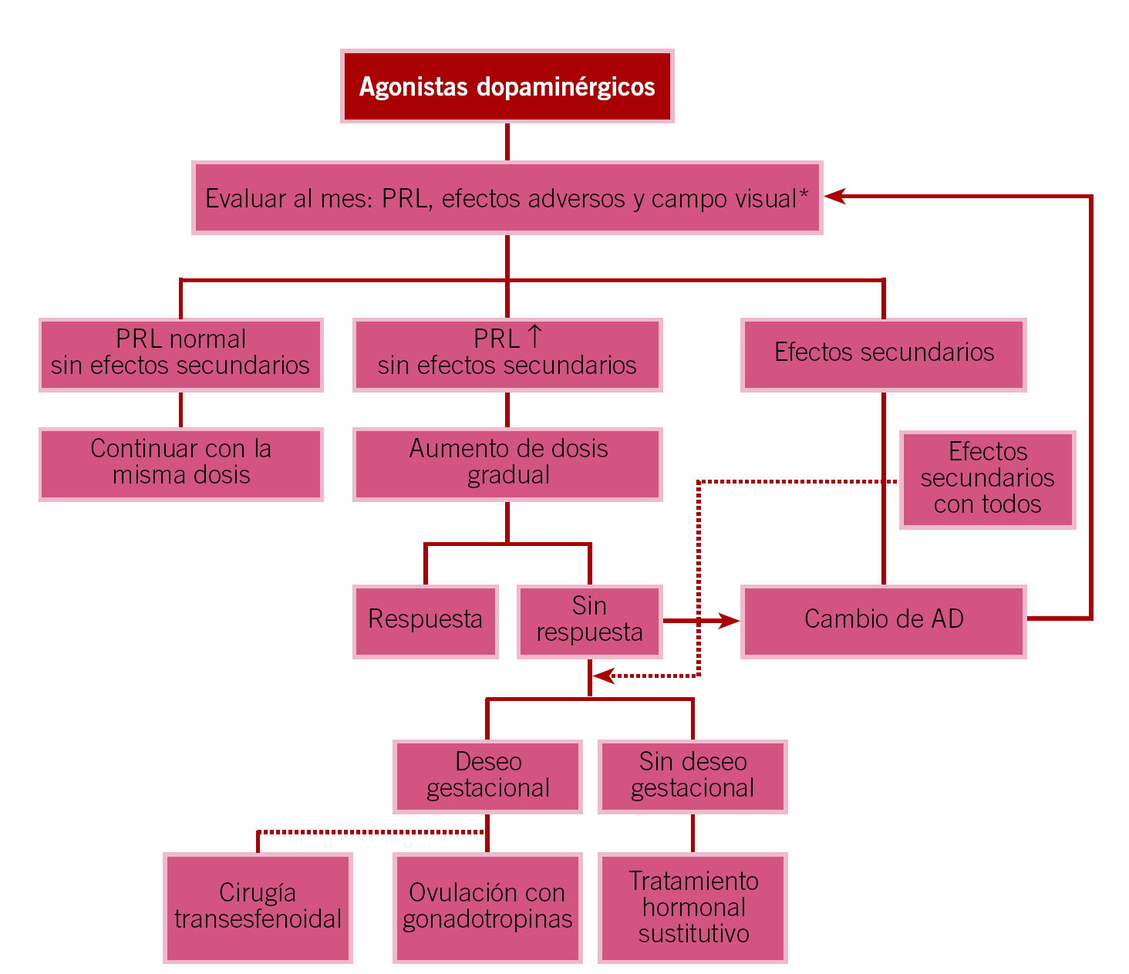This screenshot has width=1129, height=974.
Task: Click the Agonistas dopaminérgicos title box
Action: (507, 86)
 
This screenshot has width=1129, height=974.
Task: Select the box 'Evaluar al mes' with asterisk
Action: (507, 198)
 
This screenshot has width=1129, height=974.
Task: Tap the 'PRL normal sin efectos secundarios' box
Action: (180, 353)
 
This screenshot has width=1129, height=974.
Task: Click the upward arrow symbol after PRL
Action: (534, 337)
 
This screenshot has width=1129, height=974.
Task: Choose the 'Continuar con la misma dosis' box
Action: (180, 463)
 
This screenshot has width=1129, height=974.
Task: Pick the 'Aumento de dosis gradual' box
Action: (507, 463)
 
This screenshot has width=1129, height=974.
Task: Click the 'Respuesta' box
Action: (425, 620)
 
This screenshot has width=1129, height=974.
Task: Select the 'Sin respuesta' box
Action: (589, 620)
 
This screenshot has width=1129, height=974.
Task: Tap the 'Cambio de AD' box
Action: (883, 620)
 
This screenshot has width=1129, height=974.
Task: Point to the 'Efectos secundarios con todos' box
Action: (987, 479)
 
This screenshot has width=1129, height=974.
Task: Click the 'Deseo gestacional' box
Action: (487, 776)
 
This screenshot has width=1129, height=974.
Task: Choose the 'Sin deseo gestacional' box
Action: (693, 776)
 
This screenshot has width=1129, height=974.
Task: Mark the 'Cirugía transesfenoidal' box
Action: (258, 907)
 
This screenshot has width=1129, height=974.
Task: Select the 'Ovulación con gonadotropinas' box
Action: (487, 907)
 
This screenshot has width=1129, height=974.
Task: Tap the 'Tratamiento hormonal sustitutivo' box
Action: (693, 907)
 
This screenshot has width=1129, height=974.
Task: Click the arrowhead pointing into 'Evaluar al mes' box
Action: (834, 197)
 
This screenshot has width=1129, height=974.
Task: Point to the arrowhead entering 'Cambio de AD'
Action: (729, 620)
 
